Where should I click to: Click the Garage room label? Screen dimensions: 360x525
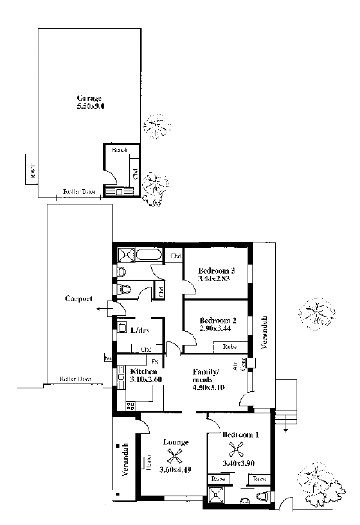(90, 98)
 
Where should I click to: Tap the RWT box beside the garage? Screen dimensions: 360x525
(32, 169)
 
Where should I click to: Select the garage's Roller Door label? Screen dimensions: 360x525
(79, 191)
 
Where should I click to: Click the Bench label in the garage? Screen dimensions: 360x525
(120, 149)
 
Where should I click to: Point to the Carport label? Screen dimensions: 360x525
(79, 299)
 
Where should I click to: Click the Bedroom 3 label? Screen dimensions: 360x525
(216, 271)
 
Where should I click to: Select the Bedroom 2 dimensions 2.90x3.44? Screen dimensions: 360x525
(215, 328)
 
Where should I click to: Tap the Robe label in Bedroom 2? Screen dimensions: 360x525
(229, 347)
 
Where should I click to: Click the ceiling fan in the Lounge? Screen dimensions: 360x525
(175, 456)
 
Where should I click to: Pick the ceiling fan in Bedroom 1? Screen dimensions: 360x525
(236, 449)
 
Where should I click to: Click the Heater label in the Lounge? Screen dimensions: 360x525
(148, 462)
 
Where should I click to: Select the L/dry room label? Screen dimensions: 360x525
(140, 330)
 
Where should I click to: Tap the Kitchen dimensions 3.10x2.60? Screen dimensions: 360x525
(146, 380)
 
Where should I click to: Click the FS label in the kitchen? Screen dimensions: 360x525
(154, 362)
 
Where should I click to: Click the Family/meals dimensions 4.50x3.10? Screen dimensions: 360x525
(208, 387)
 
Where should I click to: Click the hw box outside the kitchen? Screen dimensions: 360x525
(108, 358)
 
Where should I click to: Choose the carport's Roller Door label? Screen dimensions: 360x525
(75, 379)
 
